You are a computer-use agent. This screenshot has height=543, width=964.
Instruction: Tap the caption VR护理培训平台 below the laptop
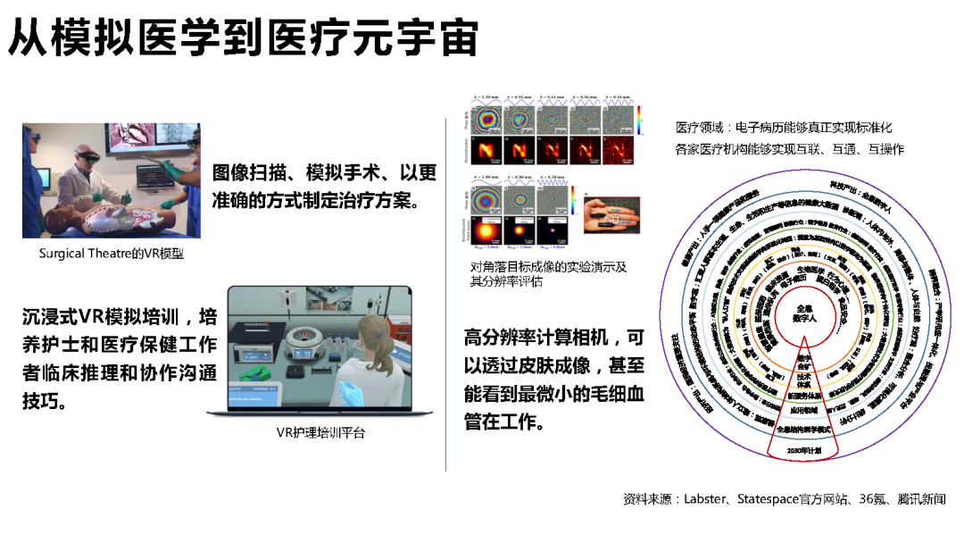(320, 433)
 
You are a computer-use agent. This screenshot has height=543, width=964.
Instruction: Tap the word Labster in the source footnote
(704, 499)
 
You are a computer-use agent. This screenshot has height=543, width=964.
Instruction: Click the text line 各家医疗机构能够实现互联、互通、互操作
(790, 149)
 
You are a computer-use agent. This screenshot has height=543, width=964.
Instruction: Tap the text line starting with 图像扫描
(323, 172)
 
